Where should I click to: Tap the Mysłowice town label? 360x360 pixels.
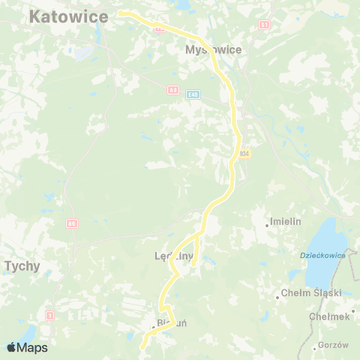click(212, 51)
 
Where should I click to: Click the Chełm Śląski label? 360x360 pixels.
click(311, 293)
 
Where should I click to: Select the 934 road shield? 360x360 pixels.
click(244, 154)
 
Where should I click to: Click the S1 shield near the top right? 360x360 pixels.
click(264, 25)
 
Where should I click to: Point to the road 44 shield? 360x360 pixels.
click(172, 90)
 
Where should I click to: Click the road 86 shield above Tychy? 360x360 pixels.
click(72, 223)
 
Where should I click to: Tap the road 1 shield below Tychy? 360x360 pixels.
click(49, 315)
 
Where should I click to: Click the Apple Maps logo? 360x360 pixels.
click(26, 347)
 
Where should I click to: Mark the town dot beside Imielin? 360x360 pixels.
click(267, 223)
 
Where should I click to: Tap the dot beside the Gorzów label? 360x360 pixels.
click(313, 346)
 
